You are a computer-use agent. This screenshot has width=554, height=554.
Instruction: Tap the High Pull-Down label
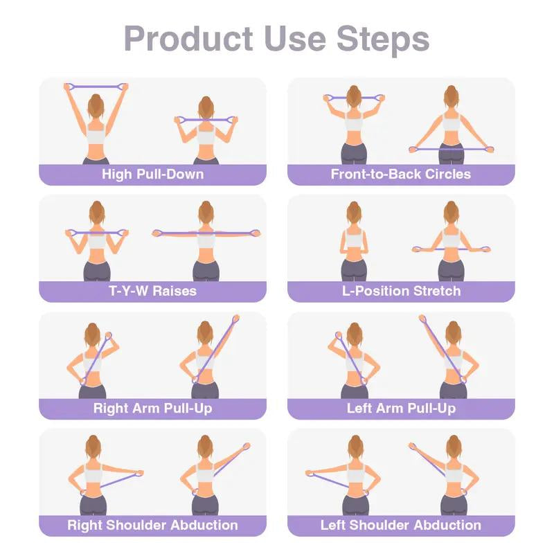coord(152,174)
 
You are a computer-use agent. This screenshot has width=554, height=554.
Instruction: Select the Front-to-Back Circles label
coord(400,174)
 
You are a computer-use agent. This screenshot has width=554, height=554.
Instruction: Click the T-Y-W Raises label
coord(152,291)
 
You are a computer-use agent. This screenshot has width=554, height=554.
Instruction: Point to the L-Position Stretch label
coord(400,291)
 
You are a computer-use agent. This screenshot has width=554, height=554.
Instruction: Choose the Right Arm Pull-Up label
coord(152,408)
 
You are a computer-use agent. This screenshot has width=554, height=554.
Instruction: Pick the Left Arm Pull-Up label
coord(400,408)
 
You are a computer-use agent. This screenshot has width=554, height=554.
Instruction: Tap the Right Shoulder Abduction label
coord(152,525)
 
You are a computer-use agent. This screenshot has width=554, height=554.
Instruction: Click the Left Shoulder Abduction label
coord(400,525)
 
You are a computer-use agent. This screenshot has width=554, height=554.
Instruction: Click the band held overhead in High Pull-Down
coord(96,86)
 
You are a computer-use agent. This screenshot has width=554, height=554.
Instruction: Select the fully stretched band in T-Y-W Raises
coord(206,233)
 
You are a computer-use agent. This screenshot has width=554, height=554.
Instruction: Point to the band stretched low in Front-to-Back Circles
coord(451,148)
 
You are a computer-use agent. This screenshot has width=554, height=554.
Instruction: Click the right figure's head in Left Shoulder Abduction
coord(454,447)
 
